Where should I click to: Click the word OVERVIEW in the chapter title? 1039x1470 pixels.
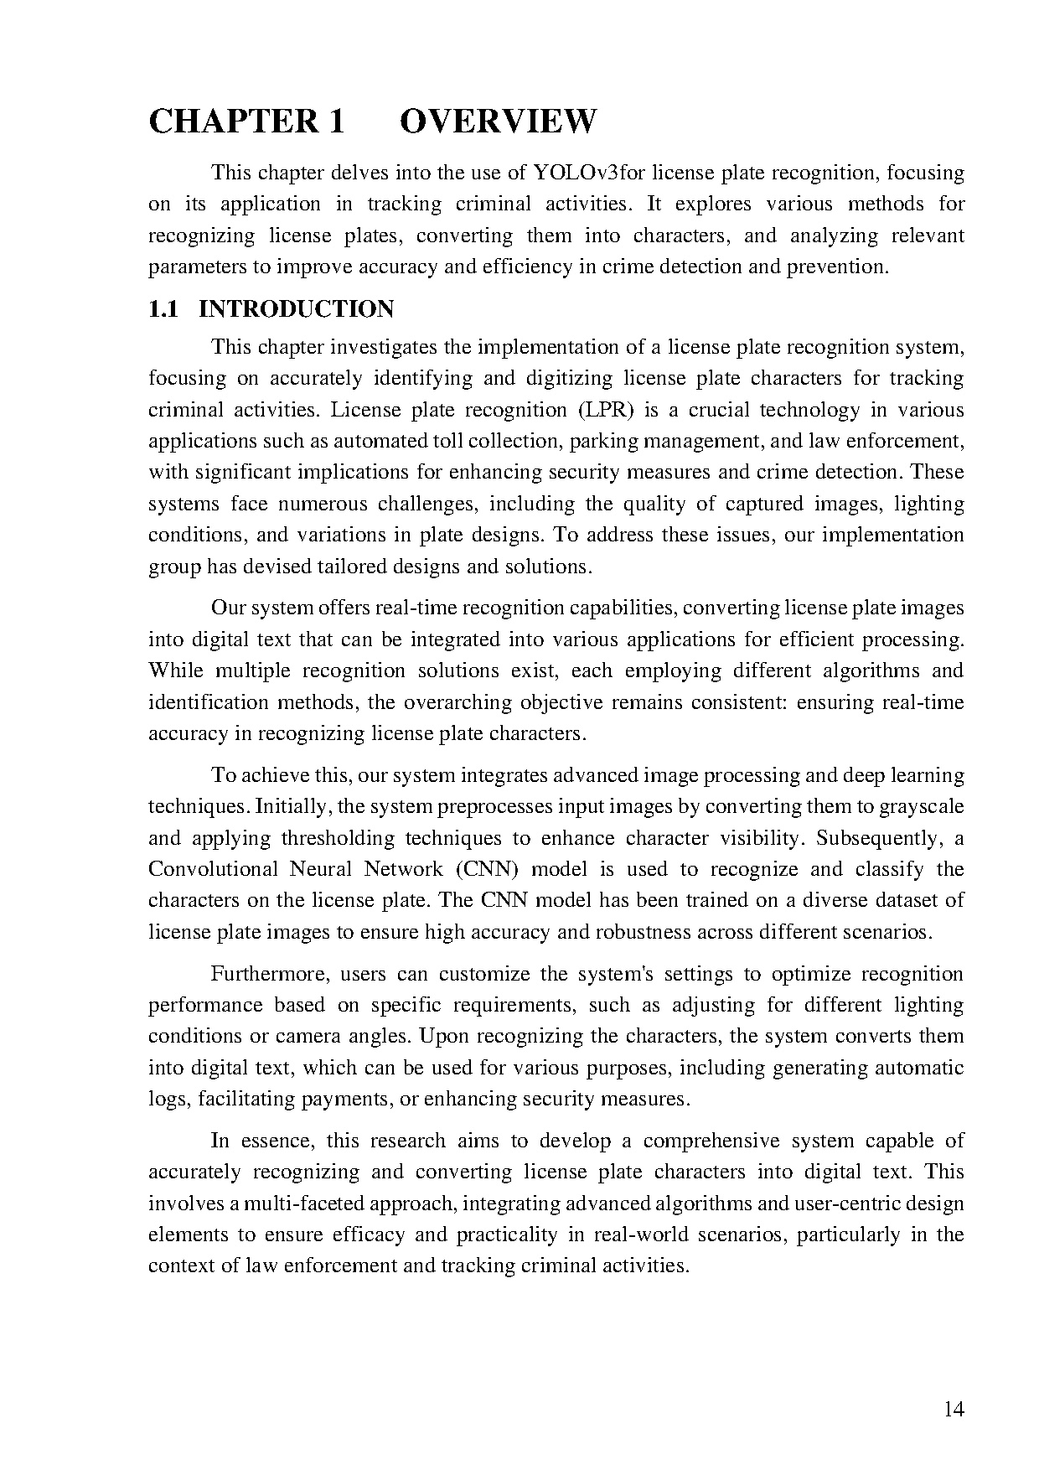498,122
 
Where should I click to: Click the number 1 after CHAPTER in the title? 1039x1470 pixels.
336,122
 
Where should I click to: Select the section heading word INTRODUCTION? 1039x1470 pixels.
296,309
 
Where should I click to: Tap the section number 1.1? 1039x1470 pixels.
163,309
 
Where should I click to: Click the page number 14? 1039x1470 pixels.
954,1409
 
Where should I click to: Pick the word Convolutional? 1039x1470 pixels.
213,869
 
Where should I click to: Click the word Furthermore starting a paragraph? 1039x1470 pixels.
262,974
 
